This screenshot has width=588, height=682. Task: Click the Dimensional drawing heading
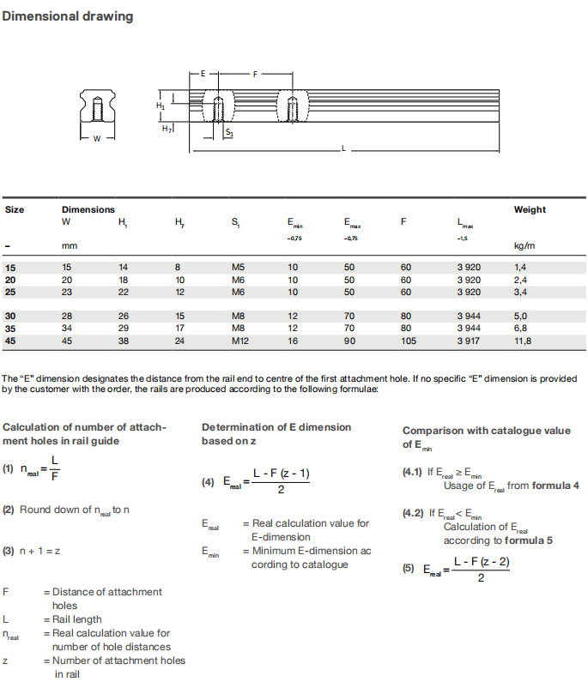coord(68,16)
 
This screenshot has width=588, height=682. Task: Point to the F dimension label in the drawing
coord(255,75)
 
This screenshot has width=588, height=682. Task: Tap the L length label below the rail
coord(343,149)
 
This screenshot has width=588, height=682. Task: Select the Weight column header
coord(529,209)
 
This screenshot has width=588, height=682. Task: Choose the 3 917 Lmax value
coord(469,341)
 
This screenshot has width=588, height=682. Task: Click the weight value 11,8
coord(522,341)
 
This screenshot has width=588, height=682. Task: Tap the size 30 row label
coord(10,316)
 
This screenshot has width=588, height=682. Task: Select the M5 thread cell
coord(238,267)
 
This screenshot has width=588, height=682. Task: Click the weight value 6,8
coord(520,328)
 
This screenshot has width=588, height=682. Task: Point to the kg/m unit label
coord(524,246)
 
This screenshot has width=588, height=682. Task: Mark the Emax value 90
coord(349,341)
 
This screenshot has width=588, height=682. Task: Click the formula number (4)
coord(208,482)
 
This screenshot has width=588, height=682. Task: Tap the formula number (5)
coord(409,569)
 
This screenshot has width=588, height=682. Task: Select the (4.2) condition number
coord(413,514)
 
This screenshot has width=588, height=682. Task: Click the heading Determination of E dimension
coord(276,427)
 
